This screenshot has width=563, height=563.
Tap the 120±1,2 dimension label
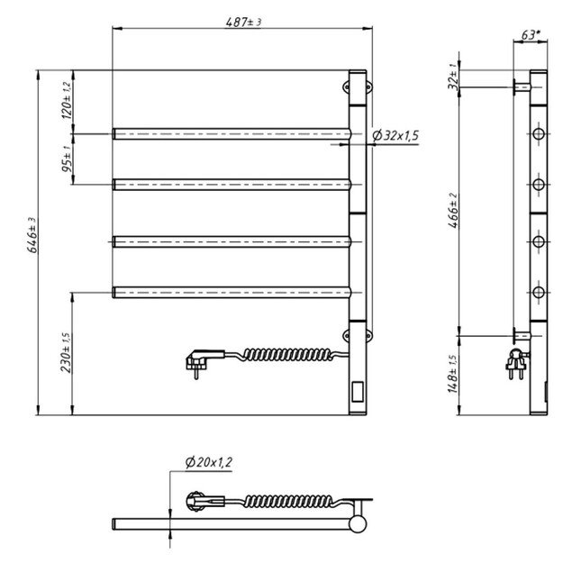pos(66,102)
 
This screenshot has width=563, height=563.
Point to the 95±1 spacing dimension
pos(66,159)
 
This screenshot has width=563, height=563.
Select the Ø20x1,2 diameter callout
pos(208,462)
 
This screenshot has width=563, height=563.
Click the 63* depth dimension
pos(531,35)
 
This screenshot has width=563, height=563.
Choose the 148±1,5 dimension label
pos(456,374)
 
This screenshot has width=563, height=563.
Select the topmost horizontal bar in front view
pos(231,134)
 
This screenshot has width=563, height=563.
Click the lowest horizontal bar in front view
pos(231,291)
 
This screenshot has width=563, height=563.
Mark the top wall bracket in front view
pos(347,87)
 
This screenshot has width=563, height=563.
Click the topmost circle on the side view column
pos(538,134)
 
